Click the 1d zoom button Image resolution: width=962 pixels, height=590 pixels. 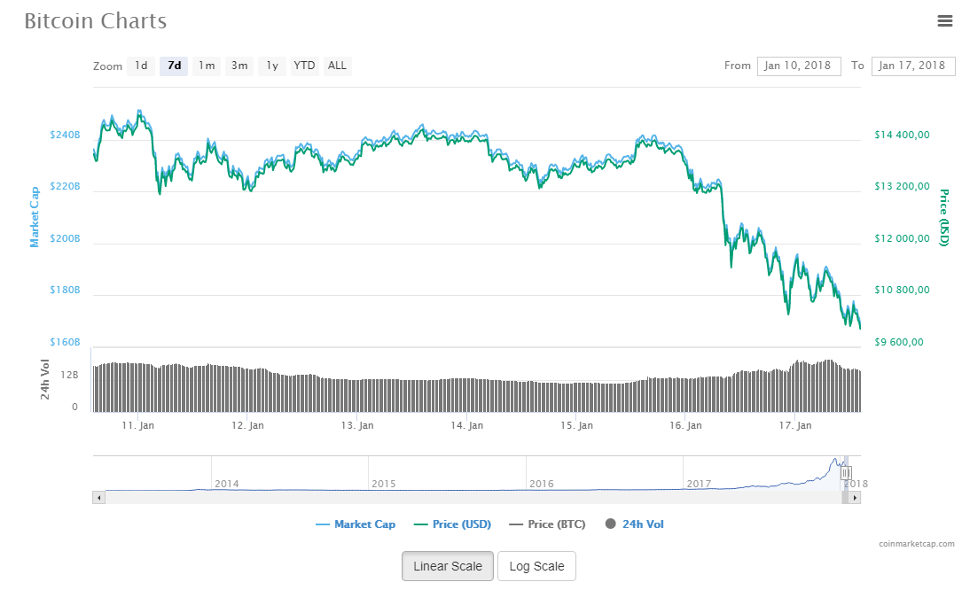click(x=141, y=66)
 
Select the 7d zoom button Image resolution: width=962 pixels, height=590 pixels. click(x=174, y=66)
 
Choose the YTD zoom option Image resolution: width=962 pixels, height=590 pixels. click(x=304, y=66)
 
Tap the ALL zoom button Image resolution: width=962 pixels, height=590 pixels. click(x=337, y=66)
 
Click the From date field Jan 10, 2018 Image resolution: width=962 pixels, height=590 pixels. click(x=799, y=66)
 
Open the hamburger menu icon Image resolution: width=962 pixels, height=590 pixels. click(x=944, y=20)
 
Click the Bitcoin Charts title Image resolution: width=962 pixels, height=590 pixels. click(x=95, y=20)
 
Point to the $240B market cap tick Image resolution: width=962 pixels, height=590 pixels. click(x=65, y=136)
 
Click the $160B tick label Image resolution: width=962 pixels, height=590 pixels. click(x=65, y=342)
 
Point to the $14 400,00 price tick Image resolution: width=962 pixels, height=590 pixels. click(x=902, y=136)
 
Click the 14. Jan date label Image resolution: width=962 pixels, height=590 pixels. click(x=466, y=426)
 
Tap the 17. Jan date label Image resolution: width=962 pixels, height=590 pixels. click(x=794, y=426)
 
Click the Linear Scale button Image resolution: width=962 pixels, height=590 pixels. click(x=448, y=566)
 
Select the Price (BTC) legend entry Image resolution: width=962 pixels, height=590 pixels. click(x=547, y=524)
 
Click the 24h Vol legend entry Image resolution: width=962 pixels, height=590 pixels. click(x=635, y=524)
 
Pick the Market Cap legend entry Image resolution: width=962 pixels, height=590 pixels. click(x=356, y=524)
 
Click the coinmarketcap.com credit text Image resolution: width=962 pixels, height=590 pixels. click(x=917, y=544)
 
